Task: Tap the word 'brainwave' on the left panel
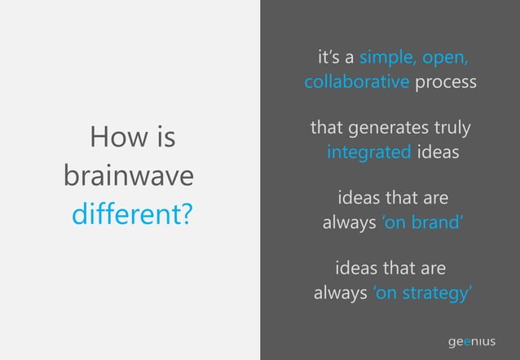129,176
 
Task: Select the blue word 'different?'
132,215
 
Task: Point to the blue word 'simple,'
388,59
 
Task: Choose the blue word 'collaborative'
356,83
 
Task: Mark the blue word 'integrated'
368,153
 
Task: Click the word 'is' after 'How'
165,138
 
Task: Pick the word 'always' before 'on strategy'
341,293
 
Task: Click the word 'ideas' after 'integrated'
438,153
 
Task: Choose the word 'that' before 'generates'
327,129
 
